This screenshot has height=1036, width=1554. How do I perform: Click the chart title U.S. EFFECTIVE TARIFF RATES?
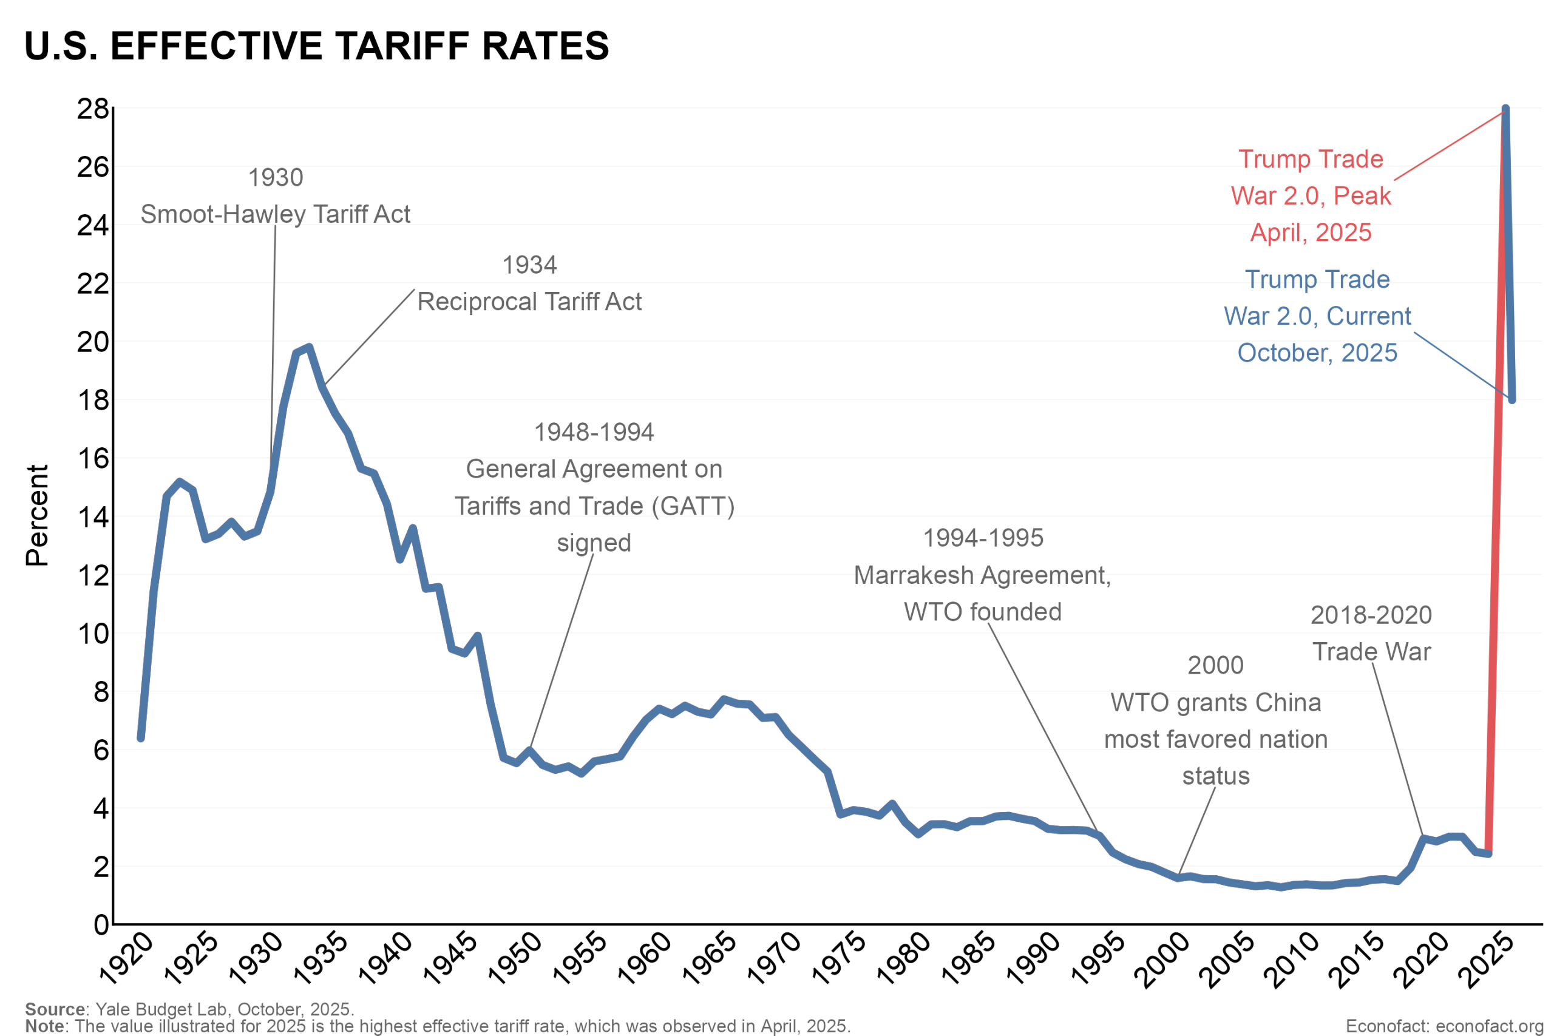[316, 46]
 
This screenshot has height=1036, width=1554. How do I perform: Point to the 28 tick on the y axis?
[92, 109]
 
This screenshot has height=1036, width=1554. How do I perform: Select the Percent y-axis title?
[37, 515]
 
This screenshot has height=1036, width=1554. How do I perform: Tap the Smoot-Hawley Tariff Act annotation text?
[276, 214]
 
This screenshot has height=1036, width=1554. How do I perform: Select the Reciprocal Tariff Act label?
[529, 302]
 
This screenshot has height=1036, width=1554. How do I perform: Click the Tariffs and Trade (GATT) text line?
[594, 506]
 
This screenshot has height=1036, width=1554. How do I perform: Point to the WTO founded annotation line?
[983, 612]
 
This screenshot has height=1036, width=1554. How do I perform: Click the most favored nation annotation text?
[1216, 739]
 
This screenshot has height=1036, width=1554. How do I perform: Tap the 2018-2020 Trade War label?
[1371, 634]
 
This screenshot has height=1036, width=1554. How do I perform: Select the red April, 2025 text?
[1311, 232]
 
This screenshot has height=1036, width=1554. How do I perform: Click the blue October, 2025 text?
[1317, 353]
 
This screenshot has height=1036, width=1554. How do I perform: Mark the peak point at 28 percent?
[1505, 109]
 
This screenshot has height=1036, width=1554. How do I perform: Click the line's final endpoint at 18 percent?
[1512, 400]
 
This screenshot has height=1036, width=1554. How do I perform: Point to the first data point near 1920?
[141, 738]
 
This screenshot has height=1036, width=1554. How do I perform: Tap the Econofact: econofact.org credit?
[1444, 1026]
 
